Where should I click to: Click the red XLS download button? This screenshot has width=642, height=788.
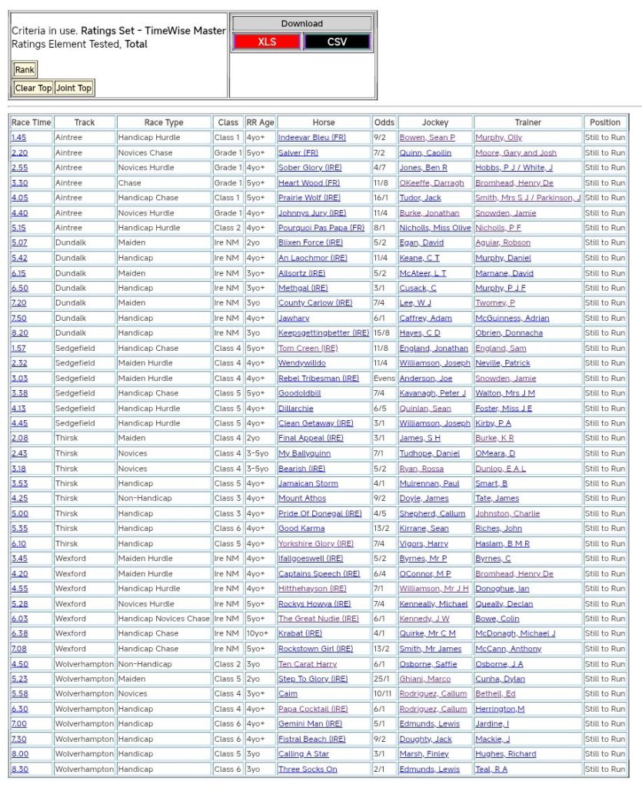[267, 42]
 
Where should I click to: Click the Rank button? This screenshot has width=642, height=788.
[25, 70]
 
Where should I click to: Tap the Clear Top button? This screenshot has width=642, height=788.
[33, 88]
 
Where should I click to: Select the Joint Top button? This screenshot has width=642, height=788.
[74, 88]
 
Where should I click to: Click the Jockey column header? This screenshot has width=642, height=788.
[435, 122]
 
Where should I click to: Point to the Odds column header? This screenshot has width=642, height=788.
[384, 122]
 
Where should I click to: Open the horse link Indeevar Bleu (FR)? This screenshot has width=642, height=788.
[311, 138]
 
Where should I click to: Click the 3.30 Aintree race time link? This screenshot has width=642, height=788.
[18, 183]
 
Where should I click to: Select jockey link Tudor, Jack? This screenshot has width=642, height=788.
[420, 198]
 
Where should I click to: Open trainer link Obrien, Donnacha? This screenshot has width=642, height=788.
[508, 333]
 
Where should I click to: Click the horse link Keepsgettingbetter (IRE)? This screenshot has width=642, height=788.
[323, 333]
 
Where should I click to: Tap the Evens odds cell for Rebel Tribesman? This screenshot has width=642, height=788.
[383, 379]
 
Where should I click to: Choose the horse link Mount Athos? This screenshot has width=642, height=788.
[301, 499]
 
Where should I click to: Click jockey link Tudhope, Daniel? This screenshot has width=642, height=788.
[428, 454]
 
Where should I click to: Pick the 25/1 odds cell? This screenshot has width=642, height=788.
[382, 679]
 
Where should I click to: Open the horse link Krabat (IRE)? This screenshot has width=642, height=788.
[300, 634]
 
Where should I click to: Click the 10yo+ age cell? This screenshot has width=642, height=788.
[258, 634]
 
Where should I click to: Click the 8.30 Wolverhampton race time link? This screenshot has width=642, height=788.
[19, 770]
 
